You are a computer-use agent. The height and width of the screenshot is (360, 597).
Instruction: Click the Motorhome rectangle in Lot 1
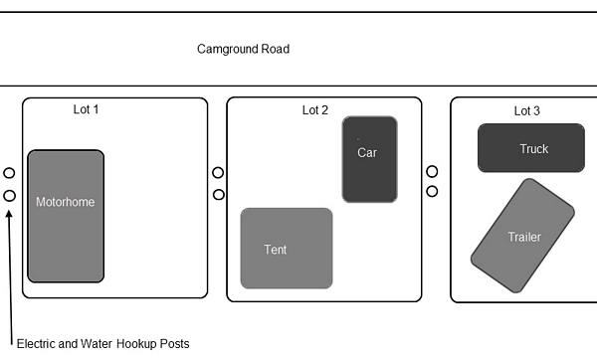click(66, 216)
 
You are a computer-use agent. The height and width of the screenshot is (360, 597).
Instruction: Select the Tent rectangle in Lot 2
click(287, 249)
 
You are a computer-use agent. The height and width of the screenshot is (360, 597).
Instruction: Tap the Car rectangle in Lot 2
click(370, 159)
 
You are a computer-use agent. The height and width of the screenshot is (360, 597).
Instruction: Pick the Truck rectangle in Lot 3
click(531, 148)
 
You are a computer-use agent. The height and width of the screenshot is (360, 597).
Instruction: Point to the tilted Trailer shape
click(522, 236)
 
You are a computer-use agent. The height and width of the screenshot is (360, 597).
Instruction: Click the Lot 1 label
click(86, 109)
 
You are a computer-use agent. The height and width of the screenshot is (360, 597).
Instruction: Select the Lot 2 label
click(314, 110)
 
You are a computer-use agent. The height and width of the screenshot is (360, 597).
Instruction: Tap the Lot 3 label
click(527, 111)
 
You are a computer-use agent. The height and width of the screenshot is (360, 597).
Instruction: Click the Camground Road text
click(244, 49)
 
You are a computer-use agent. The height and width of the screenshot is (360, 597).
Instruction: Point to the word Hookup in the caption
click(136, 344)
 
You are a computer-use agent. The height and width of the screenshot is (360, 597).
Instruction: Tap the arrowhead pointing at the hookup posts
click(9, 214)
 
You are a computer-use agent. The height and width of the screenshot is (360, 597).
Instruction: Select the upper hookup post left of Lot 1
click(9, 173)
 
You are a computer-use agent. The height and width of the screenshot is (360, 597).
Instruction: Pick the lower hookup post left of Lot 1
click(10, 196)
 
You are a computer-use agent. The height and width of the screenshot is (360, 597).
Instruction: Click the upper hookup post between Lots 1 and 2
click(218, 173)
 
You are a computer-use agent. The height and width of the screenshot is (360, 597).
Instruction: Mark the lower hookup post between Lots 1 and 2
click(219, 195)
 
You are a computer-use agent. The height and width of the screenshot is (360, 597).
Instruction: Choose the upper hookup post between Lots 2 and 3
click(432, 172)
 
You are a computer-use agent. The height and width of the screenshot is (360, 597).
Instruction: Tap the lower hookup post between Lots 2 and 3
click(432, 191)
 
